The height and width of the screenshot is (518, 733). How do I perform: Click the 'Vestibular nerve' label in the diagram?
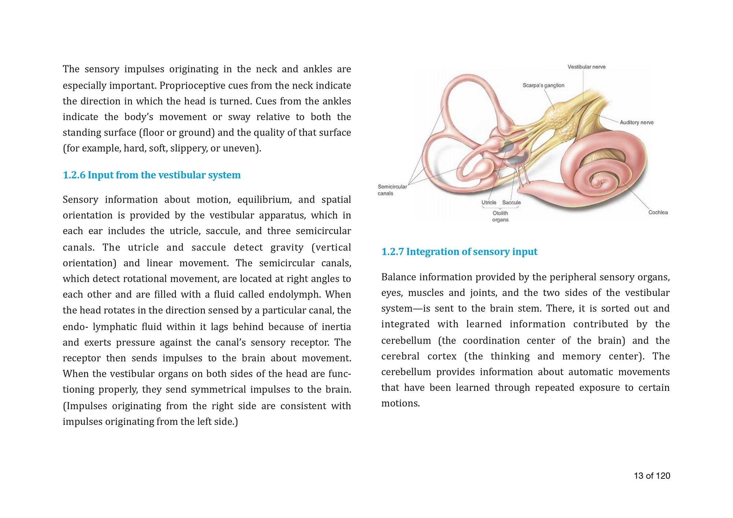[586, 67]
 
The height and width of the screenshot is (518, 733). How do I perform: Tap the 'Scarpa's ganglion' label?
[543, 85]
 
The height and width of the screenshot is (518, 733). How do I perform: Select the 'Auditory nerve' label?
[636, 122]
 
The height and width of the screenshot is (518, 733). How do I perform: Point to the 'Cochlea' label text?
[658, 212]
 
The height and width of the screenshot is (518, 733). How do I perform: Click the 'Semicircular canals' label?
[392, 190]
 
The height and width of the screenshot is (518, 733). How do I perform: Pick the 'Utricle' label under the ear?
[489, 203]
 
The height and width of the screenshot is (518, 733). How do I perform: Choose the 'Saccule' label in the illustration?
[511, 203]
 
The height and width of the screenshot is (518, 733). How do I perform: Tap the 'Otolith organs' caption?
[500, 217]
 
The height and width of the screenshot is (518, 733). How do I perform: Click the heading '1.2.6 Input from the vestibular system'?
[152, 175]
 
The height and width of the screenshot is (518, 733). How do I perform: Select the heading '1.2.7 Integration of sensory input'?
[459, 252]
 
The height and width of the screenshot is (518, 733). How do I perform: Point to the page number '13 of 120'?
[652, 476]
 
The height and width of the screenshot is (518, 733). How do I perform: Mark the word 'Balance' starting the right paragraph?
[398, 277]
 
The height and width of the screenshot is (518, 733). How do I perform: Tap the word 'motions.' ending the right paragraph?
[400, 403]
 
